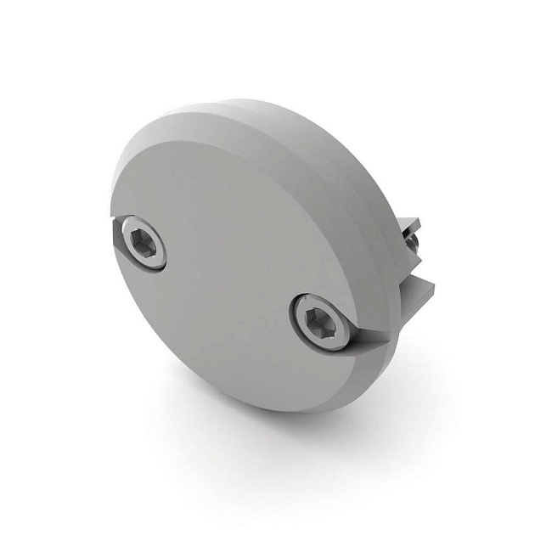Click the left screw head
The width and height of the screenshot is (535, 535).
coord(144,243)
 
